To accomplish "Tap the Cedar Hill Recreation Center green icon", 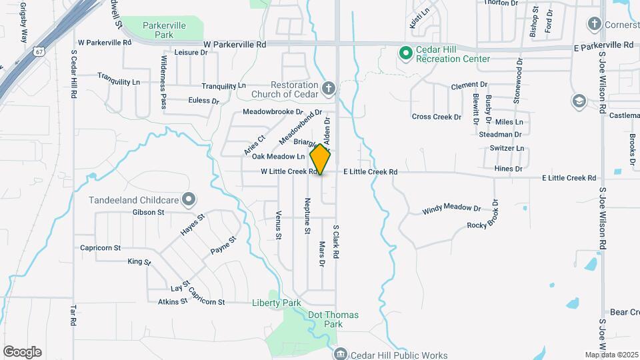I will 404,52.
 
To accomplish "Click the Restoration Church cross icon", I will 327,88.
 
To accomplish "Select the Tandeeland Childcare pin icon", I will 189,199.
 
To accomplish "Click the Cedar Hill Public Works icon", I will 341,354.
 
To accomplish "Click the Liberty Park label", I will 277,303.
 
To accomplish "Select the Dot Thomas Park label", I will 333,319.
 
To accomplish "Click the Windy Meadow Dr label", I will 451,209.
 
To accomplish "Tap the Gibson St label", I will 148,213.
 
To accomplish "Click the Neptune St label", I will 307,216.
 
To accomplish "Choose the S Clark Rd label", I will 337,241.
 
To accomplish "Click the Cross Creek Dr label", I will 437,117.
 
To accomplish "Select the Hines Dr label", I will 508,169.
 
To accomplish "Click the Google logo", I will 22,352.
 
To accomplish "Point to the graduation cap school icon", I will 579,101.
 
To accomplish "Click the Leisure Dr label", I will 191,52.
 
